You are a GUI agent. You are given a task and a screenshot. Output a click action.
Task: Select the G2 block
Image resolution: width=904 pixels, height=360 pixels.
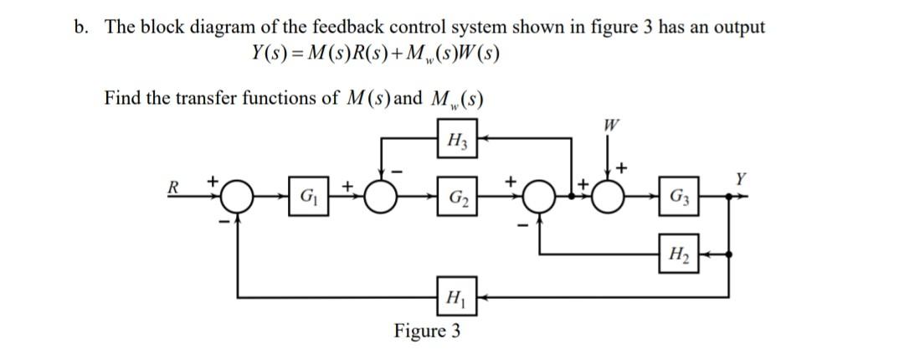click(456, 200)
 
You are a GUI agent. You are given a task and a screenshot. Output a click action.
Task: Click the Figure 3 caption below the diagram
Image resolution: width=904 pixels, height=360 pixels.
click(427, 331)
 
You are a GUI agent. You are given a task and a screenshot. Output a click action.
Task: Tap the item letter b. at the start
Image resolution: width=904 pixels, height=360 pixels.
click(80, 27)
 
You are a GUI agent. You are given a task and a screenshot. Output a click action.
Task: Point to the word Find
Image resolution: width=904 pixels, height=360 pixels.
click(122, 98)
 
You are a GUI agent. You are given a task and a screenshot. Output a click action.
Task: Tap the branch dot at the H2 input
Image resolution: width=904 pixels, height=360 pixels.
click(731, 253)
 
